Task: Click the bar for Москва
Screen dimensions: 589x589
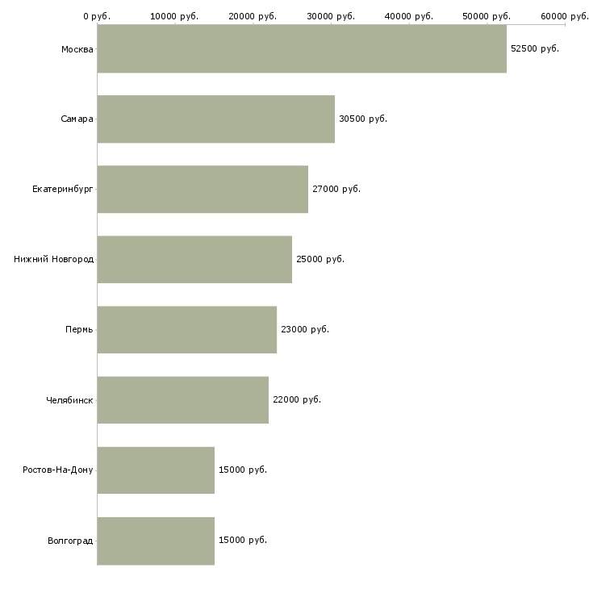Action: pos(302,49)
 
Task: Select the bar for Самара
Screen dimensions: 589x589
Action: pos(215,119)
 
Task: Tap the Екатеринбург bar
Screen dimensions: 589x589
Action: pos(203,190)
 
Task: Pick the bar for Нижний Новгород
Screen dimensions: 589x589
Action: pos(194,260)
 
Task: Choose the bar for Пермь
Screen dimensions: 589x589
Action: pos(186,330)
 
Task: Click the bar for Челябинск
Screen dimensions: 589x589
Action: pos(182,400)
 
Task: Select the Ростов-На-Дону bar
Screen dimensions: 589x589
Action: pos(156,470)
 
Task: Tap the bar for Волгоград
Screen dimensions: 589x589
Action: pos(156,541)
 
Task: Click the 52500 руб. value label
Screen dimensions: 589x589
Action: pos(534,49)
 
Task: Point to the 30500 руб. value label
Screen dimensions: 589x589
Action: pos(363,119)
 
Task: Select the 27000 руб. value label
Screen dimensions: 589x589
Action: pos(336,190)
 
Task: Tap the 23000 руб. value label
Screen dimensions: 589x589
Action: pos(304,330)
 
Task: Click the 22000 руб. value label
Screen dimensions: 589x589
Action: pos(296,400)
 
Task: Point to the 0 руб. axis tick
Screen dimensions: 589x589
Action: pos(97,16)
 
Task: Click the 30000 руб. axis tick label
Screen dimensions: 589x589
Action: pos(331,16)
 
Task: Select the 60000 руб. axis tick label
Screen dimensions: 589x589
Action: pos(565,16)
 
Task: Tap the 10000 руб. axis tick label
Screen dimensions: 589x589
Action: pos(174,16)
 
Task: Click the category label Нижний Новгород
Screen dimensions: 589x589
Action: pos(53,260)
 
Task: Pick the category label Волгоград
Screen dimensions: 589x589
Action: pos(70,541)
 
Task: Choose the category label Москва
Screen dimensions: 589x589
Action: pos(77,49)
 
